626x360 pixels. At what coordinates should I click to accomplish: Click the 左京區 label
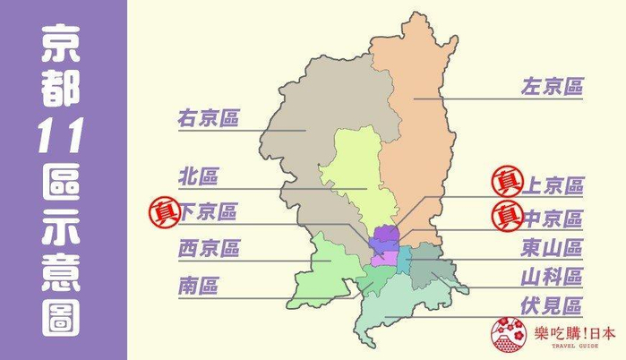click(x=552, y=87)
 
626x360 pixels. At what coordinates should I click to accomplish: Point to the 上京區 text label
click(x=552, y=185)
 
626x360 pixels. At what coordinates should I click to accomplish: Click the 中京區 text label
click(x=552, y=219)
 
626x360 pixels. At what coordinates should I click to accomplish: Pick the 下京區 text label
click(x=208, y=212)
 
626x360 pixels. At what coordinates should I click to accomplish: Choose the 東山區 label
click(x=552, y=247)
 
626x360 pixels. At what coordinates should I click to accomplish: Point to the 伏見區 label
click(x=552, y=306)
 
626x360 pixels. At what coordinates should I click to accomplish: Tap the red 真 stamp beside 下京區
click(x=164, y=212)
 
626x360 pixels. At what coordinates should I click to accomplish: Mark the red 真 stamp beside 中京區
click(x=506, y=216)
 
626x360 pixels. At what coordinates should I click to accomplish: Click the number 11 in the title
click(x=64, y=136)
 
